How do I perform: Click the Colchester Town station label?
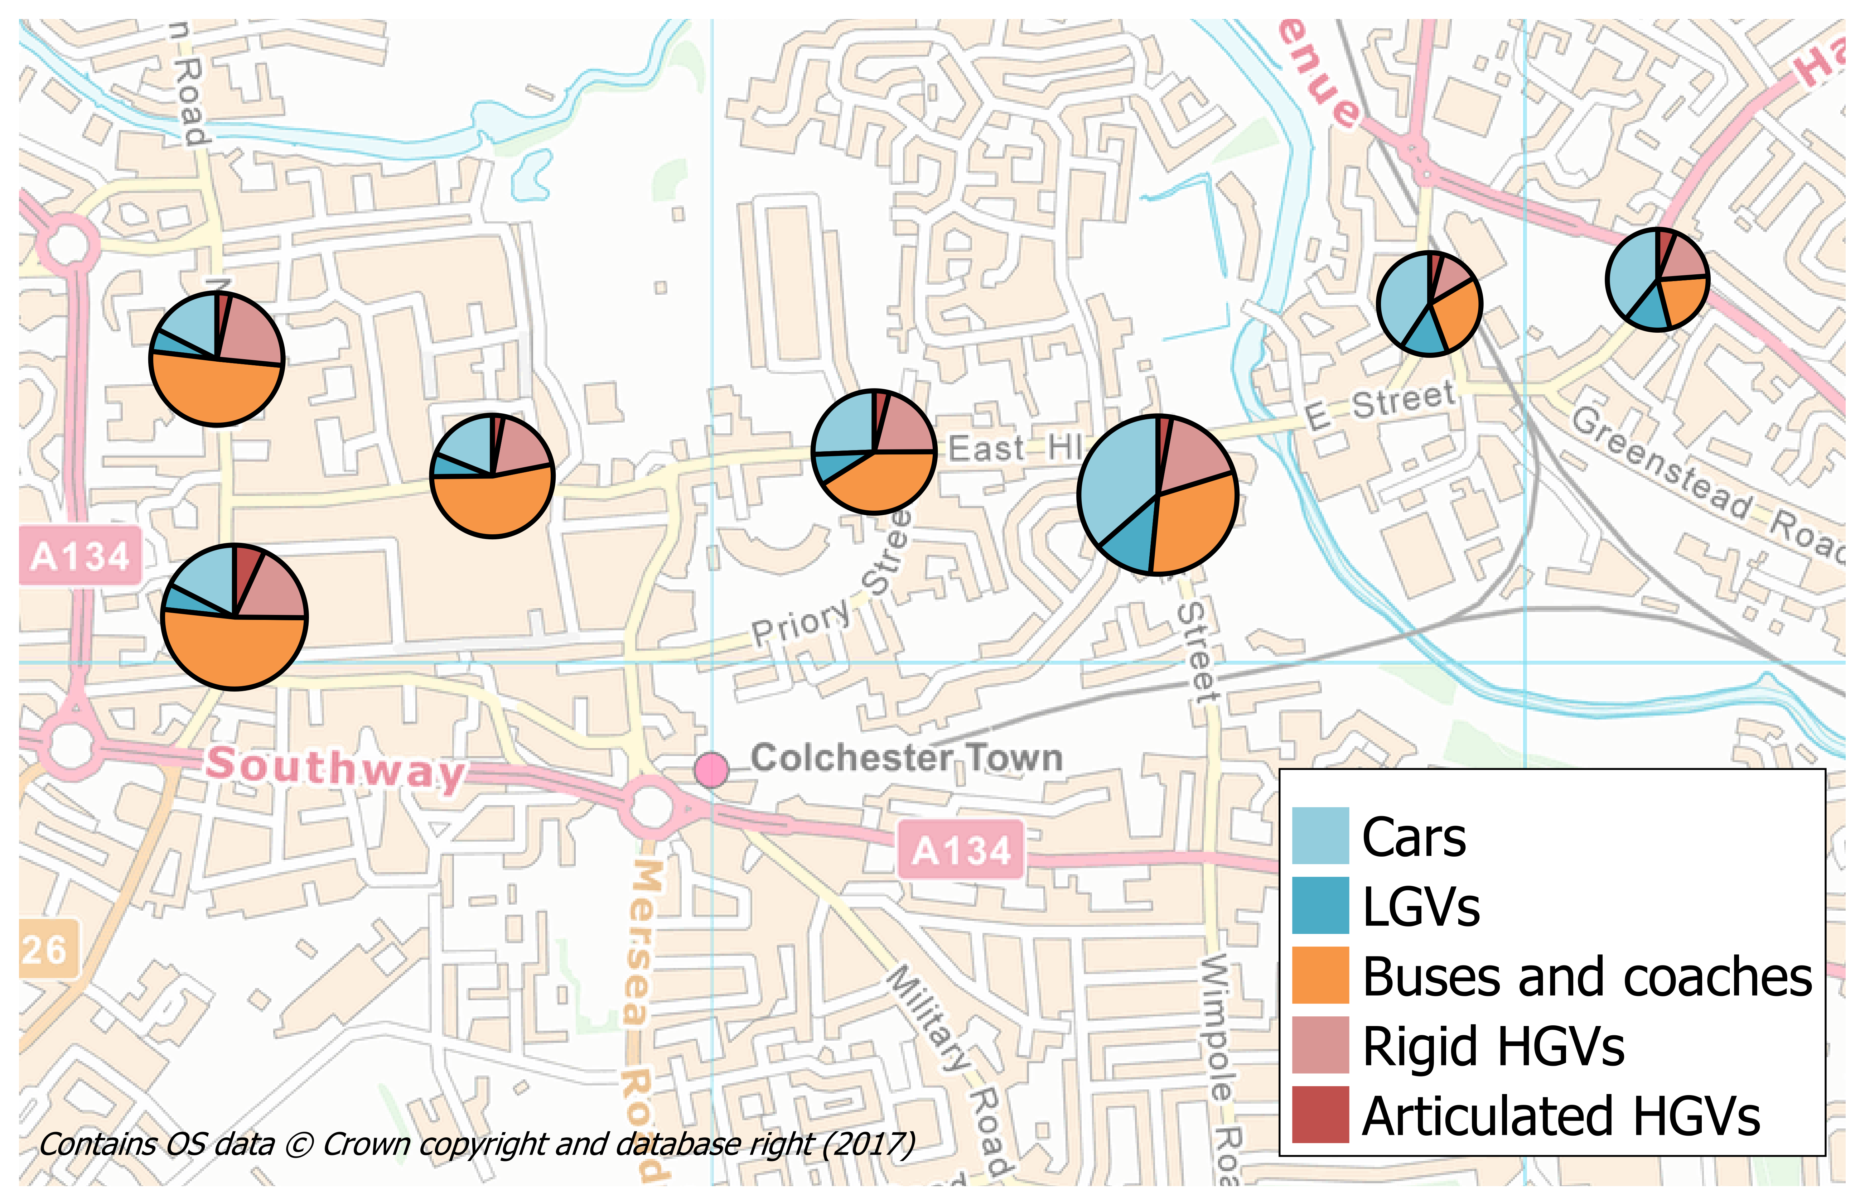tap(907, 758)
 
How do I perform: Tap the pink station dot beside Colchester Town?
tap(711, 770)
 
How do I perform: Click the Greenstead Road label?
tap(1711, 485)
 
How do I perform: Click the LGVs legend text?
tap(1421, 907)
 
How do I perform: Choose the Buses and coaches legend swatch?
tap(1320, 975)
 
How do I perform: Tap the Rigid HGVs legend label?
tap(1493, 1046)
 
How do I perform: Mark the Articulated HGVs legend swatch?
tap(1320, 1114)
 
